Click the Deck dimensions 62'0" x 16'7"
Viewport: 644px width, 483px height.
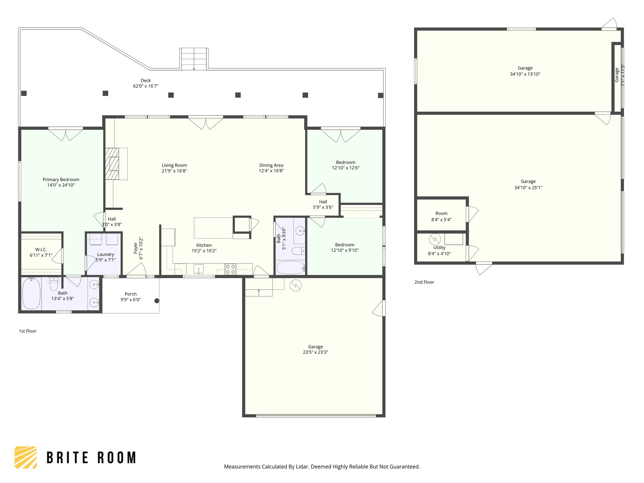(x=146, y=86)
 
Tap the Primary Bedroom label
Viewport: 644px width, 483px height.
(x=61, y=180)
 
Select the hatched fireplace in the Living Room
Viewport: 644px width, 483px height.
(x=112, y=164)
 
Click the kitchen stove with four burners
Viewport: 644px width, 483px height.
(x=230, y=269)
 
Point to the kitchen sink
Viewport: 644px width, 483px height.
(x=198, y=269)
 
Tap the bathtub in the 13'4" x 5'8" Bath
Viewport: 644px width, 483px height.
(x=31, y=293)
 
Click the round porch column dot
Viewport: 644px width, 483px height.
(x=157, y=301)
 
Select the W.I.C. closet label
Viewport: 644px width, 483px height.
(x=41, y=250)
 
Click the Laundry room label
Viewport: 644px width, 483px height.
(x=106, y=254)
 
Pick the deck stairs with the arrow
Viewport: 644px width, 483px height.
(x=194, y=59)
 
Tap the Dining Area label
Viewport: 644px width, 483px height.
(x=271, y=165)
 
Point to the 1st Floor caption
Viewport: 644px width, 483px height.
(x=28, y=331)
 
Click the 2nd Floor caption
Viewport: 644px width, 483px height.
(x=424, y=282)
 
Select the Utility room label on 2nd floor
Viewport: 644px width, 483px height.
(x=439, y=248)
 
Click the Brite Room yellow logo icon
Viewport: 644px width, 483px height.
(x=26, y=457)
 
